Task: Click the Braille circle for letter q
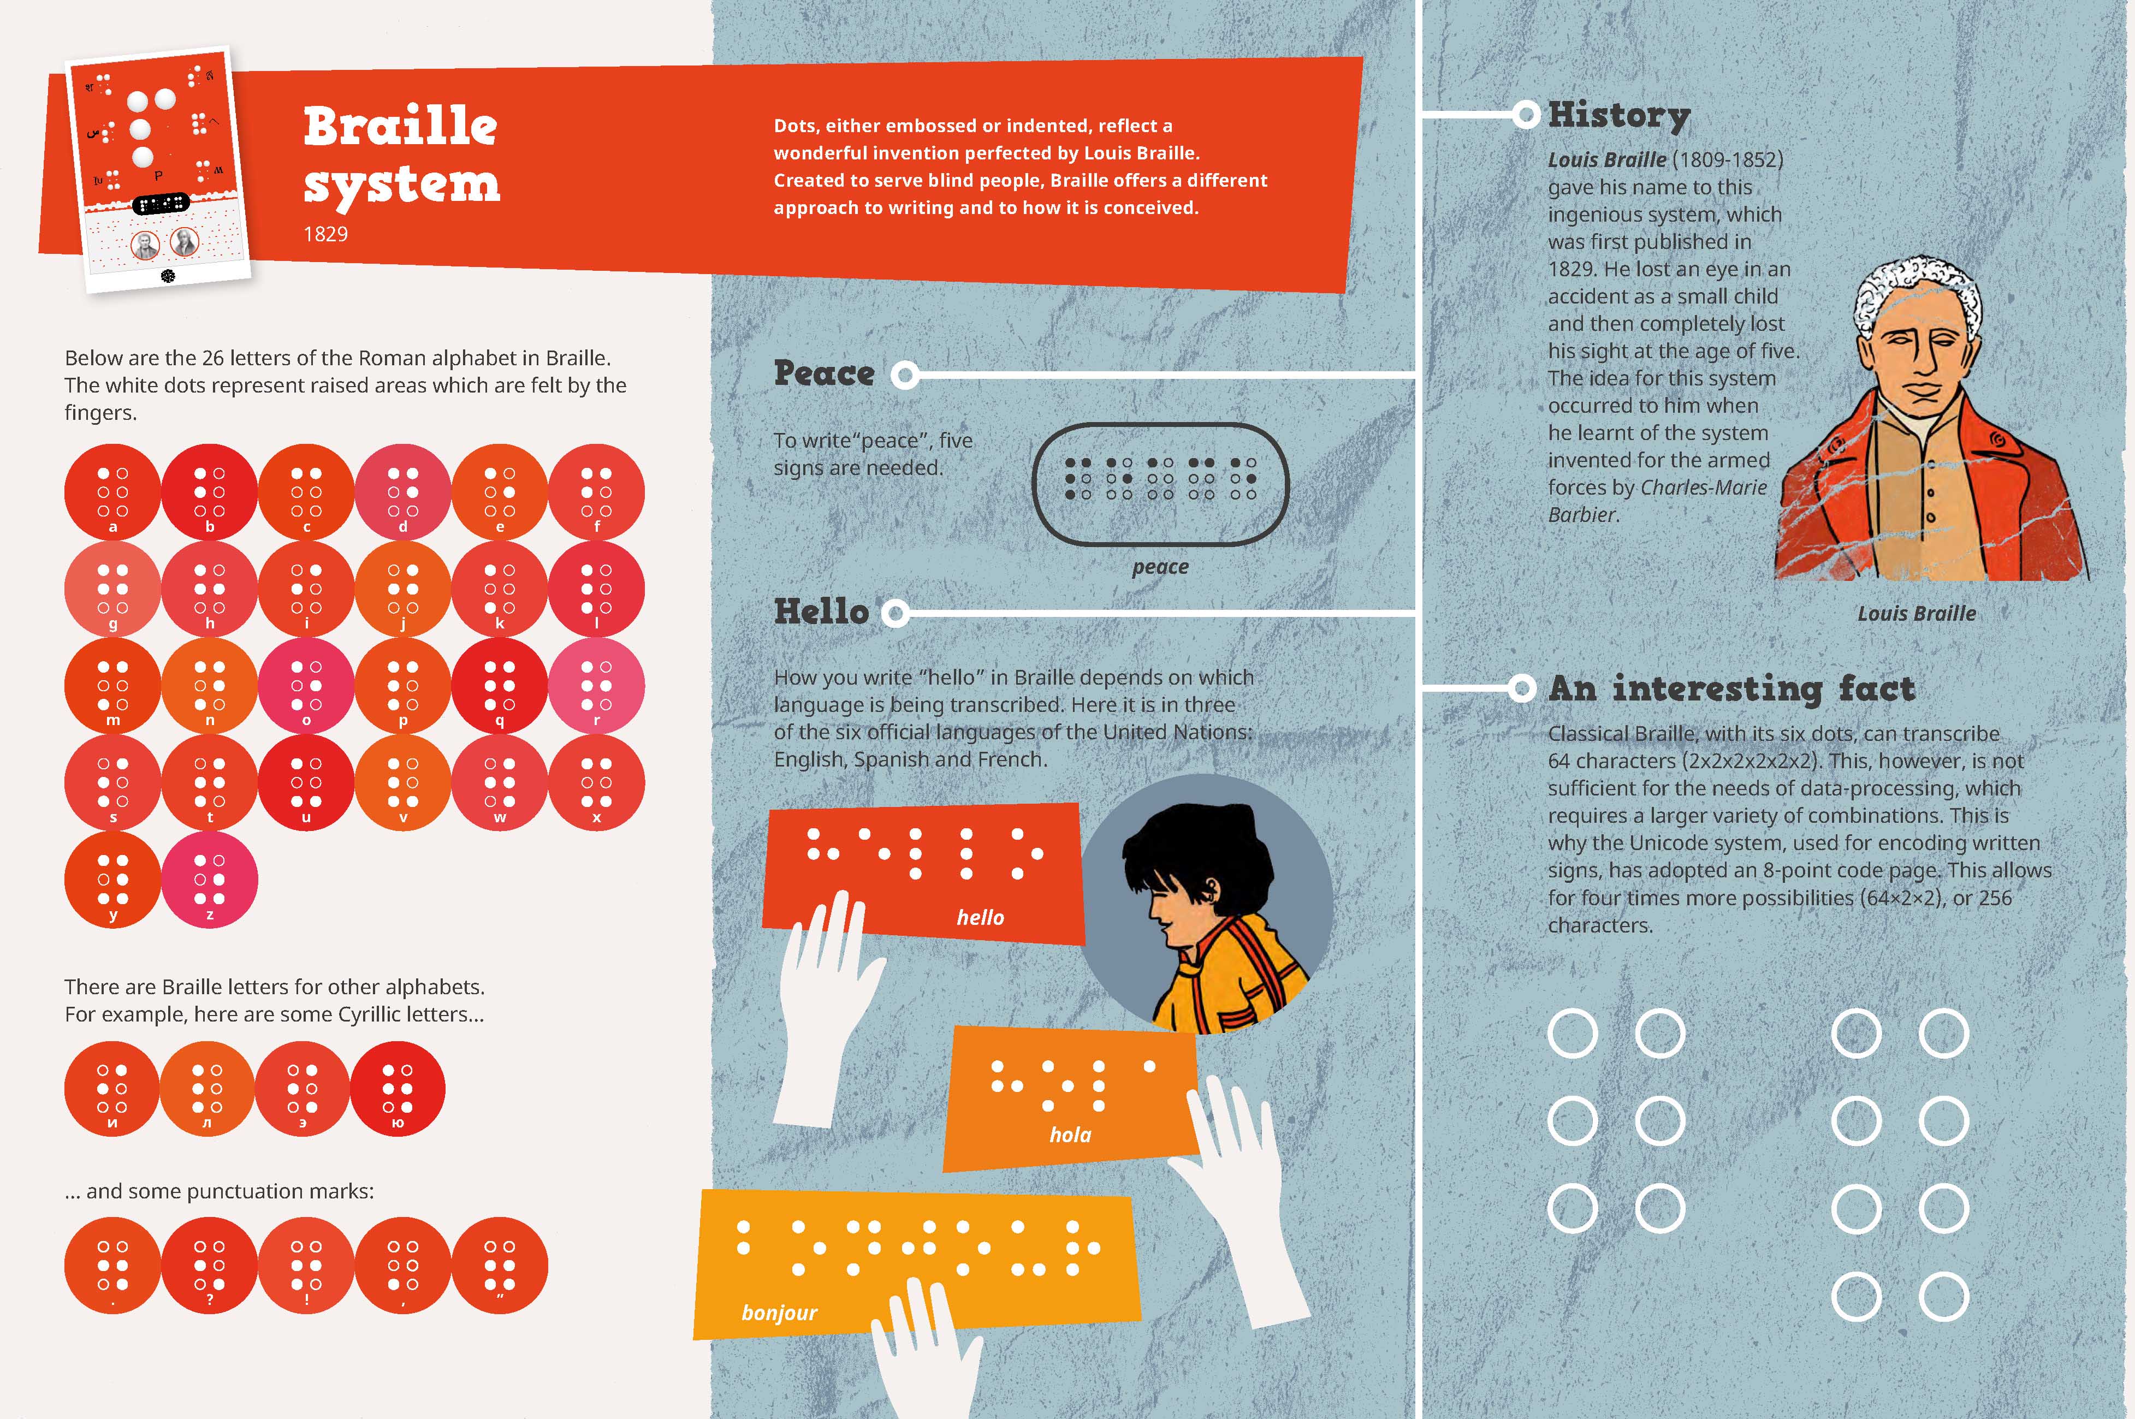click(500, 686)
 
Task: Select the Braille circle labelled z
click(209, 880)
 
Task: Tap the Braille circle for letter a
click(112, 492)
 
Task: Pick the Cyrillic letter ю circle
click(398, 1089)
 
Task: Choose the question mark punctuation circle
click(209, 1265)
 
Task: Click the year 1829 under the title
click(326, 234)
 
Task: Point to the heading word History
click(1619, 116)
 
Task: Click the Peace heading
click(823, 373)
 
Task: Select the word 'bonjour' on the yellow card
click(779, 1313)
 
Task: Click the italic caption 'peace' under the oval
click(1160, 567)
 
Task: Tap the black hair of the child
click(1181, 851)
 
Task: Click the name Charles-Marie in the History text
click(1703, 488)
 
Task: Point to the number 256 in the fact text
click(1994, 899)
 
